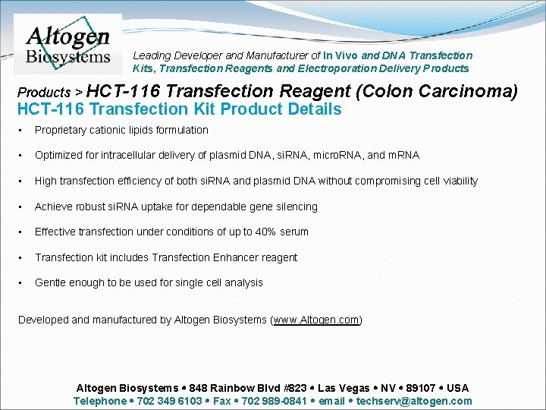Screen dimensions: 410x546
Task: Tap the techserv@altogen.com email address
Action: pyautogui.click(x=414, y=401)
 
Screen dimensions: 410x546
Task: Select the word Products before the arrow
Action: pyautogui.click(x=43, y=93)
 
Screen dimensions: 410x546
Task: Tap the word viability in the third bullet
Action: pyautogui.click(x=453, y=181)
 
